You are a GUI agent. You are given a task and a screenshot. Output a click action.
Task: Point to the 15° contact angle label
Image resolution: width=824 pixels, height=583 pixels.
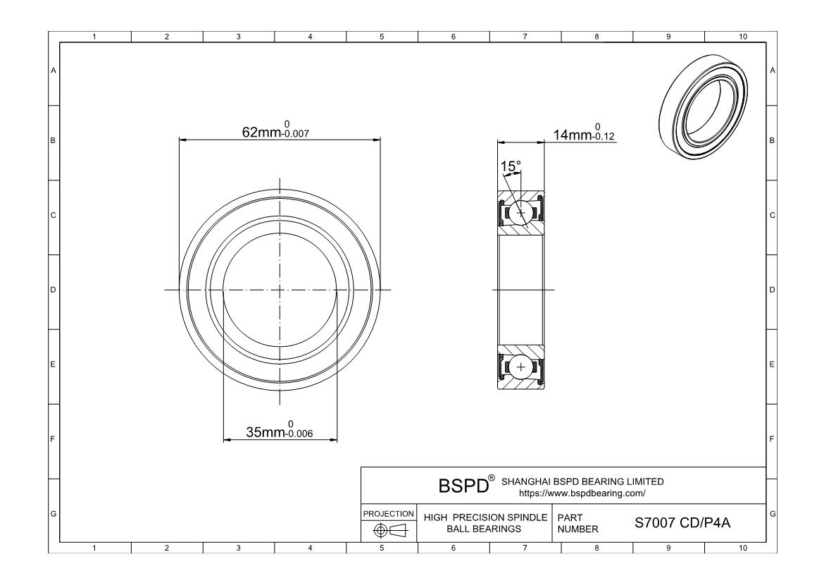click(x=511, y=166)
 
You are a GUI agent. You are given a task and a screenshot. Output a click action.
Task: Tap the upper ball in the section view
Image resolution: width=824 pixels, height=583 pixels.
click(x=521, y=212)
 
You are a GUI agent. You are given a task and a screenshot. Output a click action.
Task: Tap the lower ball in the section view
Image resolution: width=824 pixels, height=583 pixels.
click(x=521, y=367)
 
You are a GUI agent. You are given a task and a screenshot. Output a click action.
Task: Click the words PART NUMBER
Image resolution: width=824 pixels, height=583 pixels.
click(x=578, y=523)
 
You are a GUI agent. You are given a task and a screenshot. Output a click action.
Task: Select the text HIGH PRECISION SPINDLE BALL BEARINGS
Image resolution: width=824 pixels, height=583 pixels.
click(x=485, y=523)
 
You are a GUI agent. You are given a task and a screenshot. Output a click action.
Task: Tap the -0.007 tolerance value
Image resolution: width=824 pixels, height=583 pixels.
click(x=296, y=134)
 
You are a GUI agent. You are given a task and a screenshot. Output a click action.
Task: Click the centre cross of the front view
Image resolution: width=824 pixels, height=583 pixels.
click(x=280, y=289)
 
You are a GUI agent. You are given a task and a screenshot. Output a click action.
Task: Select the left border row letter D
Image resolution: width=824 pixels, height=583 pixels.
click(x=53, y=290)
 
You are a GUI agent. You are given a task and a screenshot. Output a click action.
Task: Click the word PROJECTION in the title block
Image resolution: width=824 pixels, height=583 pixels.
click(x=389, y=513)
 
